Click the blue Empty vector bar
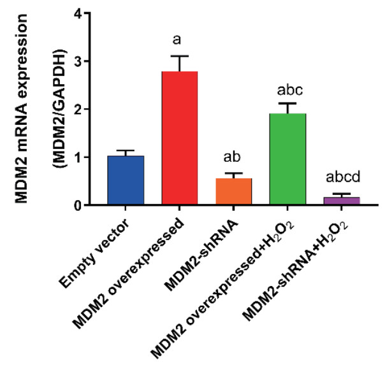point(126,181)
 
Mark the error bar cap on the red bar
point(180,56)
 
